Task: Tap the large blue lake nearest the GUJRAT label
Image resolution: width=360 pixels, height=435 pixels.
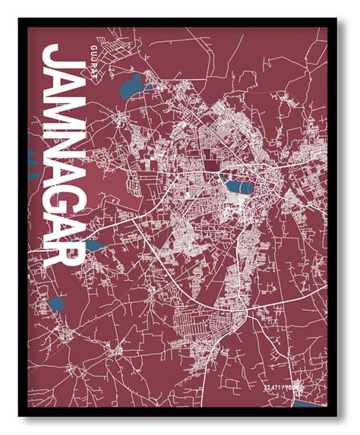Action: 131,86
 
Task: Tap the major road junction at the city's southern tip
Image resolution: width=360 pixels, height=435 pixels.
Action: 242,313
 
